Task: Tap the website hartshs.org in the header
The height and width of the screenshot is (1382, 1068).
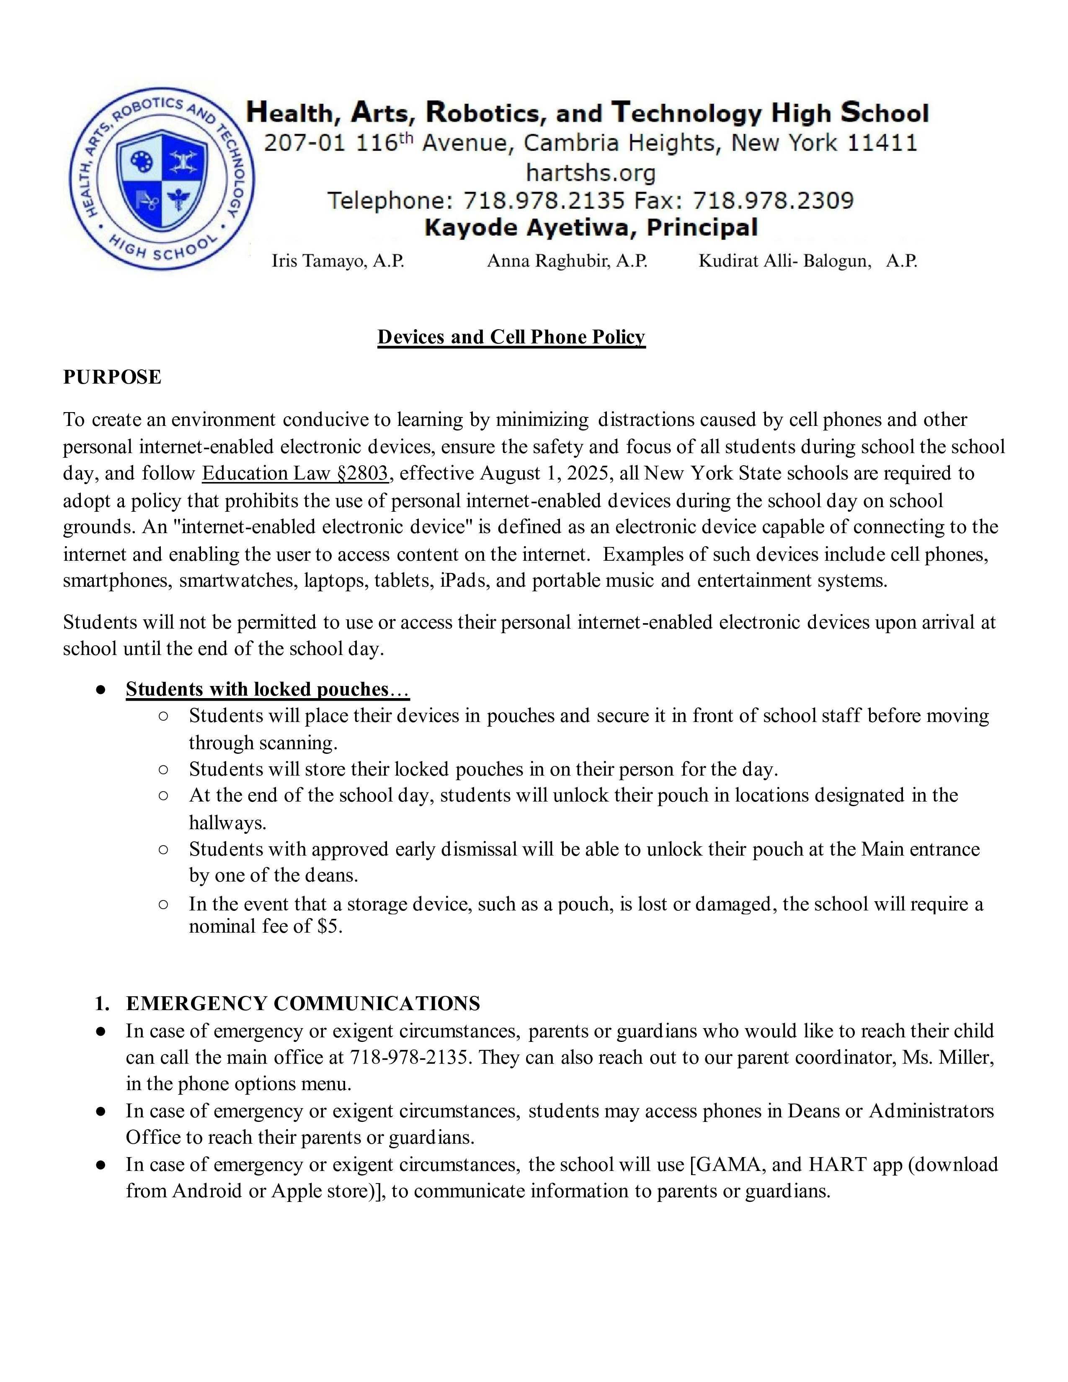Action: pos(590,172)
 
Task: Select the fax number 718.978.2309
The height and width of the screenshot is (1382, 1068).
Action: pos(773,201)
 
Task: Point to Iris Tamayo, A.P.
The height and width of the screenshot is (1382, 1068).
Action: pos(338,261)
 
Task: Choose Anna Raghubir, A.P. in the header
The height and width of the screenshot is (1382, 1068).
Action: pos(567,261)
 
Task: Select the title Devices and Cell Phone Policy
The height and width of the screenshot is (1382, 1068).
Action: pos(511,337)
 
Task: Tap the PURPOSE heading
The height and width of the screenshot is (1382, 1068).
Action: pos(112,377)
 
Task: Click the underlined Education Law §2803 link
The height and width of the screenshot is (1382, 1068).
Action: pos(295,473)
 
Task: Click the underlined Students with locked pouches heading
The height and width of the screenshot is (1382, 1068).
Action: pos(267,689)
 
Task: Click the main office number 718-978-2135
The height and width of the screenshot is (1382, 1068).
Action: pos(410,1057)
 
